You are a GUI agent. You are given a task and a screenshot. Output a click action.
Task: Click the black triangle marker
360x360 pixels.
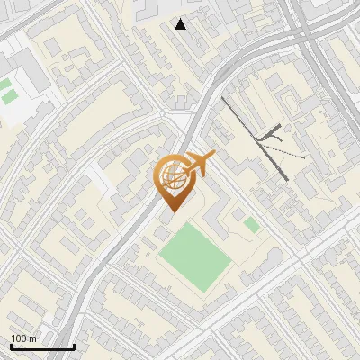point(181,24)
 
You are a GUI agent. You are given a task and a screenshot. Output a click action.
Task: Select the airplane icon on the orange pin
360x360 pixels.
point(196,163)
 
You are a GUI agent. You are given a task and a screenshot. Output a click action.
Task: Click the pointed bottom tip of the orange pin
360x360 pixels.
point(172,211)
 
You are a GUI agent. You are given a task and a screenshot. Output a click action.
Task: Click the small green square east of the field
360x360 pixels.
point(251,224)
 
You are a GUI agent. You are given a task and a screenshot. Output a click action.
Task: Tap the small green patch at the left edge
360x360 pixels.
point(6,89)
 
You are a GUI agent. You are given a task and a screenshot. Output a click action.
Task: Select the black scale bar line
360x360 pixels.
point(42,346)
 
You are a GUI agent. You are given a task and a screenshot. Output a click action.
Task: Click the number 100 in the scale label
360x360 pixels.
point(19,338)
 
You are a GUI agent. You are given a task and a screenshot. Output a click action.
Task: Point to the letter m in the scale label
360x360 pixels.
point(32,338)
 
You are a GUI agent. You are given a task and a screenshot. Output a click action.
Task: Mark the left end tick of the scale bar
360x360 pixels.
point(11,345)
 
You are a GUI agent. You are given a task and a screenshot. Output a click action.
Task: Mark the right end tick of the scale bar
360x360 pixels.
point(74,345)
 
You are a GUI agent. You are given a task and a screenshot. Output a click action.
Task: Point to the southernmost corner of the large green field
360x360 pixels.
point(204,292)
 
